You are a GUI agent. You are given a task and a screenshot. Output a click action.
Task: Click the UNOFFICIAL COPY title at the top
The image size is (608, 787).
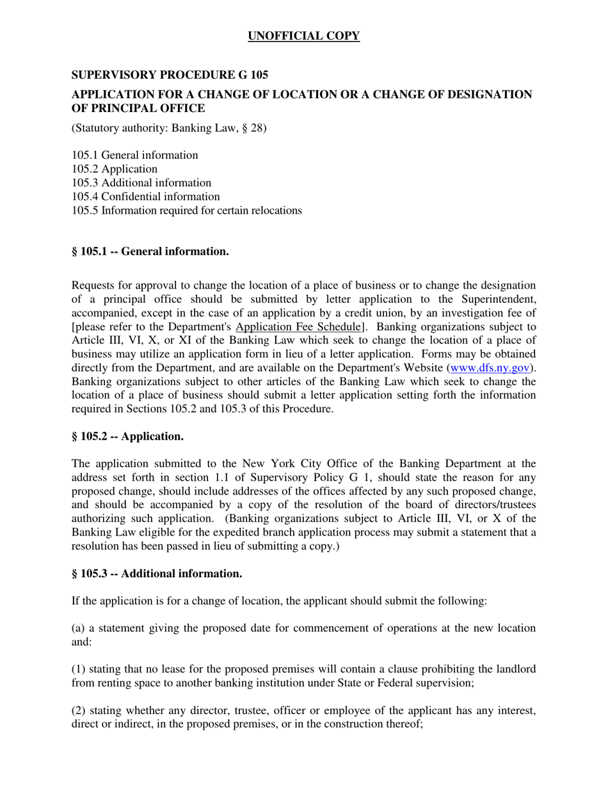coord(303,36)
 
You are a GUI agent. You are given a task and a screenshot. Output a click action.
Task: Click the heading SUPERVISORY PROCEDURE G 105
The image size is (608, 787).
coord(170,75)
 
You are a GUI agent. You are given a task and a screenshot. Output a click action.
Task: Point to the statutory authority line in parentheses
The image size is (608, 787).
coord(169,128)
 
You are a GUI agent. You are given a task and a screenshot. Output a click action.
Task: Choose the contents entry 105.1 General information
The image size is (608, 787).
coord(134,155)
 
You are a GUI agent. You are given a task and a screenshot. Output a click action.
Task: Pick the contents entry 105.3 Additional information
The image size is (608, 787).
coord(141,182)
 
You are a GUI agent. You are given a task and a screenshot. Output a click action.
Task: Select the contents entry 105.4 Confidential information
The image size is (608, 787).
coord(145,196)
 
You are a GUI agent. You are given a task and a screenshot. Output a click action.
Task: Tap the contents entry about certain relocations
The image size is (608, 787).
coord(186,211)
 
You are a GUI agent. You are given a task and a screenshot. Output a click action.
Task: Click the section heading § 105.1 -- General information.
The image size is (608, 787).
coord(150,251)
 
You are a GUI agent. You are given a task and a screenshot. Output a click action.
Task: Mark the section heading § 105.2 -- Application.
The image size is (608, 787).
coord(127,436)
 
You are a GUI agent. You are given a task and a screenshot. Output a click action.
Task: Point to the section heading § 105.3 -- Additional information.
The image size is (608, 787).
coord(156,573)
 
